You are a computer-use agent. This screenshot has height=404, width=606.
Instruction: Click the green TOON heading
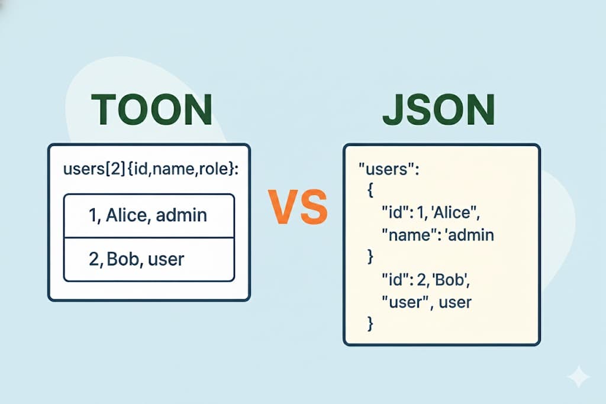152,109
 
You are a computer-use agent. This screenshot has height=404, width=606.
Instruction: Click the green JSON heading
439,109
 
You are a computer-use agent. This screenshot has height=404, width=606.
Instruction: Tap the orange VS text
298,205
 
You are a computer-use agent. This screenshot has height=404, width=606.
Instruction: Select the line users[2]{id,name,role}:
149,170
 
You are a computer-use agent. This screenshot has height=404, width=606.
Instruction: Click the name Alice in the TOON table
125,215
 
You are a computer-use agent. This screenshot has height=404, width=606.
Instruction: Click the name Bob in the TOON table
122,258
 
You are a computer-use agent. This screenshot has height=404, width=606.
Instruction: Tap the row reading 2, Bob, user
149,258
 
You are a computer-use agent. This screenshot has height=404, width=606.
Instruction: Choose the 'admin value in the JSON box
468,235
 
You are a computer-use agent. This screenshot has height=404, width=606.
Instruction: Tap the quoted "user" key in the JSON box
405,302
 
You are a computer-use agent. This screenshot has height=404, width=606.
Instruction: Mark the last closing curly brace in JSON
370,323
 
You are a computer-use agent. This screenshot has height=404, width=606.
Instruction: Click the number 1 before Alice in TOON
93,215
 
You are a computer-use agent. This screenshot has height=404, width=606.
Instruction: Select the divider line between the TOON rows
149,237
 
